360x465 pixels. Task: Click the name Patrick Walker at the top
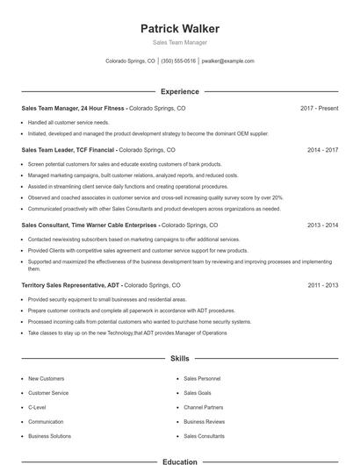point(180,29)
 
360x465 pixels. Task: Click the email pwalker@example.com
point(227,61)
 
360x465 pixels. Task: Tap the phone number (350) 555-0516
point(178,61)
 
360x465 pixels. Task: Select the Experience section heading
point(180,91)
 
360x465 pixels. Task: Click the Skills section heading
point(180,359)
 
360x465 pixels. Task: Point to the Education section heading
point(180,461)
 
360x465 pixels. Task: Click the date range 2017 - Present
point(319,108)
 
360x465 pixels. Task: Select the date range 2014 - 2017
point(322,150)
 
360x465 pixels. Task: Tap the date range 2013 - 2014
point(322,225)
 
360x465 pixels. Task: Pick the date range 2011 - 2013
point(322,285)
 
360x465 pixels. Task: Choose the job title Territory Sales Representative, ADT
point(70,285)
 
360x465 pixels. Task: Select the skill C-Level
point(37,407)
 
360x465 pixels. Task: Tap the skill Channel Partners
point(203,407)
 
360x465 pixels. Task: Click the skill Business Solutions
point(49,436)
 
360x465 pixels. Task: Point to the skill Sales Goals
point(197,393)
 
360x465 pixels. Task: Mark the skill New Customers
point(46,378)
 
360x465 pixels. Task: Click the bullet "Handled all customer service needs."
point(68,122)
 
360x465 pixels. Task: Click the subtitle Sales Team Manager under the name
point(180,42)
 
